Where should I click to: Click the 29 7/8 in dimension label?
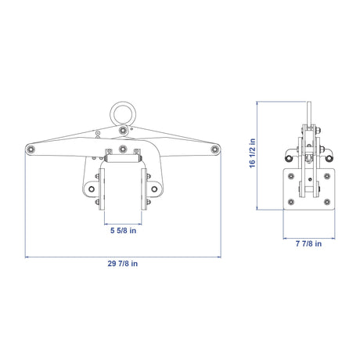(123, 264)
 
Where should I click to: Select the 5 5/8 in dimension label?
(123, 231)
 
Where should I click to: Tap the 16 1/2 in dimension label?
(252, 153)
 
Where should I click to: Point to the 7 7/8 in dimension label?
(308, 243)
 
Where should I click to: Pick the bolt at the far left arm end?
(31, 149)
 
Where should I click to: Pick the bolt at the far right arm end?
(214, 149)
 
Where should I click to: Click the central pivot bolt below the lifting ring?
(123, 130)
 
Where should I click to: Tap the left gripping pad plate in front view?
(102, 189)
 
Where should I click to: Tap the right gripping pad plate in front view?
(144, 189)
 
